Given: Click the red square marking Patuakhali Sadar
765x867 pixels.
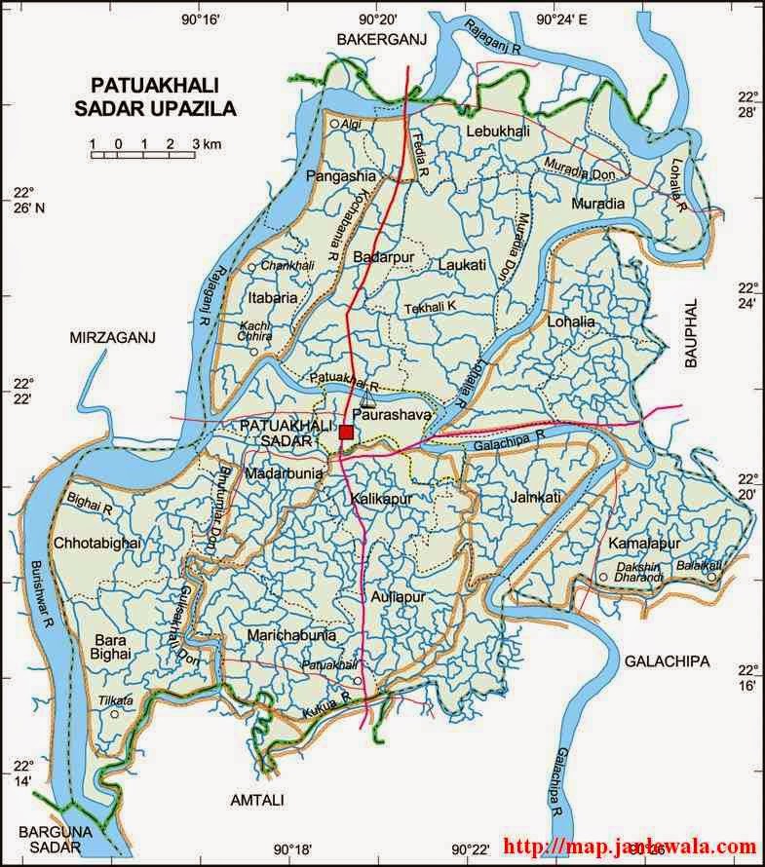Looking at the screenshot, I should click(x=347, y=432).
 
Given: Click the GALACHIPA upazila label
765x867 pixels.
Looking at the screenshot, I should click(x=668, y=661).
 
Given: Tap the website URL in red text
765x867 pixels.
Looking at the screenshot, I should click(x=630, y=848).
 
